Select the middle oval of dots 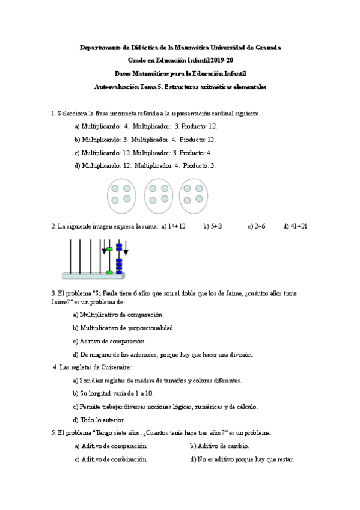point(158,195)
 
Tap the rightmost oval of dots point(194,195)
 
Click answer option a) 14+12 point(173,226)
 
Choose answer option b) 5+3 point(213,226)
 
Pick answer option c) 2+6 point(256,226)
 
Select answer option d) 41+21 point(296,226)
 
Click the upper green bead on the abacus point(109,248)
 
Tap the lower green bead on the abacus point(109,272)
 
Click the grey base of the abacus point(93,277)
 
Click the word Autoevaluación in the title point(116,87)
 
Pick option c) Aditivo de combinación point(111,459)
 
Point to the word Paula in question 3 point(114,293)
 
